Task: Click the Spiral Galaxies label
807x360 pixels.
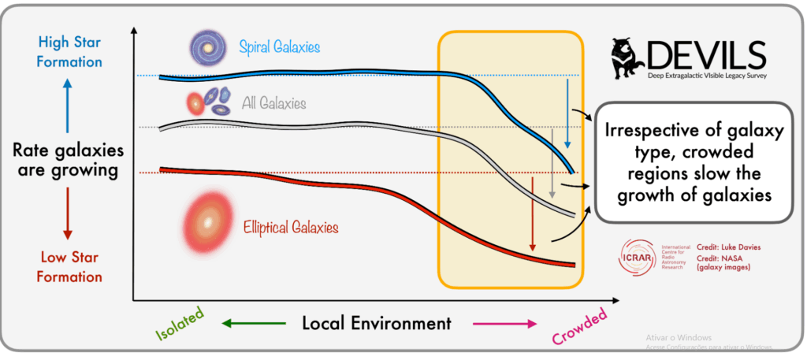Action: click(280, 47)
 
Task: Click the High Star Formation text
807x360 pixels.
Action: click(68, 52)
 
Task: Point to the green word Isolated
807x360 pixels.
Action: click(179, 319)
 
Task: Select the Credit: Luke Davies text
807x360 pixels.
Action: click(729, 247)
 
